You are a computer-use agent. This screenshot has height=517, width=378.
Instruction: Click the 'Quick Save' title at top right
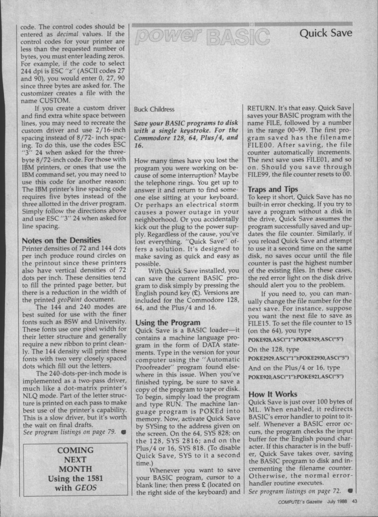click(333, 34)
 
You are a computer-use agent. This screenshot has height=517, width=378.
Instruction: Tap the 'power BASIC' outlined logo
click(202, 34)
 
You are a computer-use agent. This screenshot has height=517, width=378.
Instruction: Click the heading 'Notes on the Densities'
click(61, 240)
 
